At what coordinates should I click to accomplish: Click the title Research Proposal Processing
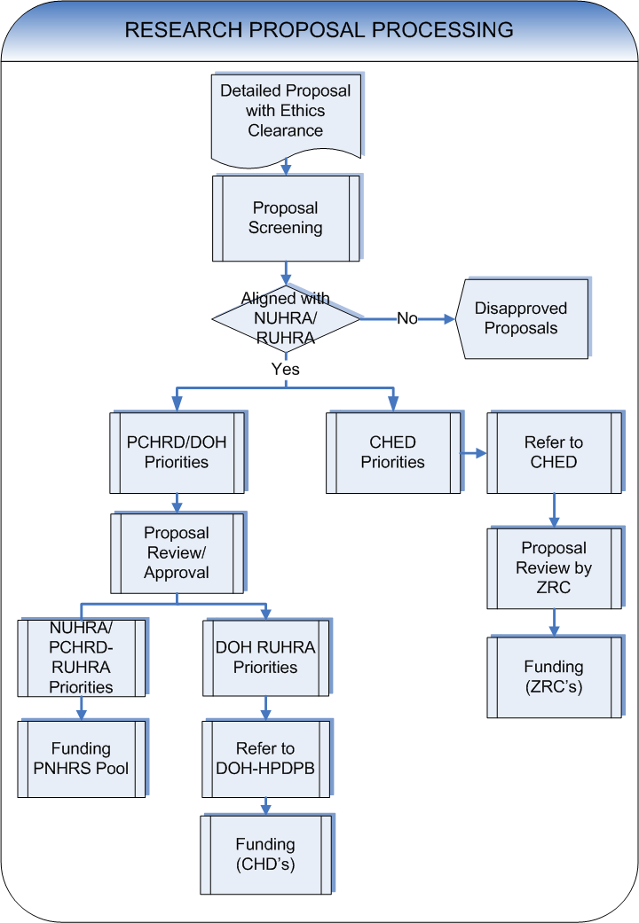coord(319,29)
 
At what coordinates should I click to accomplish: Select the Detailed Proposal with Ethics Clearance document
coord(285,111)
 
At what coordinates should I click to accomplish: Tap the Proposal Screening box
coord(285,218)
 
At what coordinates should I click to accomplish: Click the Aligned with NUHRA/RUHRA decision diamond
coord(285,318)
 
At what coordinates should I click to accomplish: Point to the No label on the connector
coord(407,318)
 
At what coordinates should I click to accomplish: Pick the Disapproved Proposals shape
coord(522,319)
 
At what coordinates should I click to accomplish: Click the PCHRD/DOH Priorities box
coord(177,452)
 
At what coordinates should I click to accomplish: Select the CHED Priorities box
coord(392,452)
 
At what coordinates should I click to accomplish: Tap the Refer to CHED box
coord(554,452)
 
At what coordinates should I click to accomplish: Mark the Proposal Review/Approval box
coord(177,553)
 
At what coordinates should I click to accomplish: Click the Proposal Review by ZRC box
coord(554,568)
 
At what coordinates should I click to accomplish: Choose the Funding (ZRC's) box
coord(554,677)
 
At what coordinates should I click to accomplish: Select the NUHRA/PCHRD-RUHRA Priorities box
coord(81,657)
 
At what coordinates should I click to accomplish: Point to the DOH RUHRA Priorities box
coord(265,657)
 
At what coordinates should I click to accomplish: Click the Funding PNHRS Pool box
coord(81,758)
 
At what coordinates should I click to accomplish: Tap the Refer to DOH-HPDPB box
coord(265,759)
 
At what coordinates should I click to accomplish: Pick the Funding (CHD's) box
coord(265,855)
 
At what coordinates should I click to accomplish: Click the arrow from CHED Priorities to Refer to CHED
coord(473,453)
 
